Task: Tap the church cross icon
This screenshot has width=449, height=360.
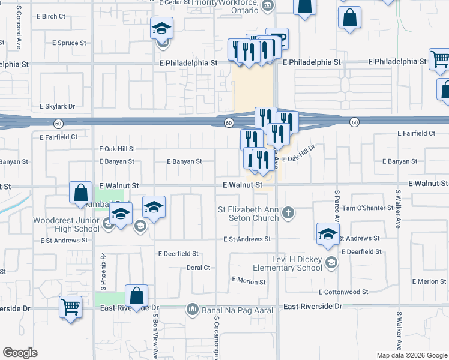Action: click(288, 212)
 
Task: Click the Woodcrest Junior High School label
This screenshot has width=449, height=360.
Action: click(66, 224)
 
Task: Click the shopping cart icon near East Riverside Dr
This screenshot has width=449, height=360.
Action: click(71, 307)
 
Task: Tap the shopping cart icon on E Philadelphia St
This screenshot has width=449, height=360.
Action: click(440, 59)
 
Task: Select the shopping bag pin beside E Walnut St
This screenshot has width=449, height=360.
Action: click(81, 193)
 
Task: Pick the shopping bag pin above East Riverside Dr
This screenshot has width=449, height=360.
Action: click(137, 296)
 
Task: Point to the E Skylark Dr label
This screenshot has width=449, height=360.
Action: click(60, 106)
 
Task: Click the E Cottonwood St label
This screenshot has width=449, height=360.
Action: click(343, 292)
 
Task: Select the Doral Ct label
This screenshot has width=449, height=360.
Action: click(198, 268)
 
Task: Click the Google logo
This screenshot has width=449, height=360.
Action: click(20, 353)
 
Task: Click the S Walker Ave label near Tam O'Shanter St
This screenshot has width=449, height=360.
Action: click(398, 209)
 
